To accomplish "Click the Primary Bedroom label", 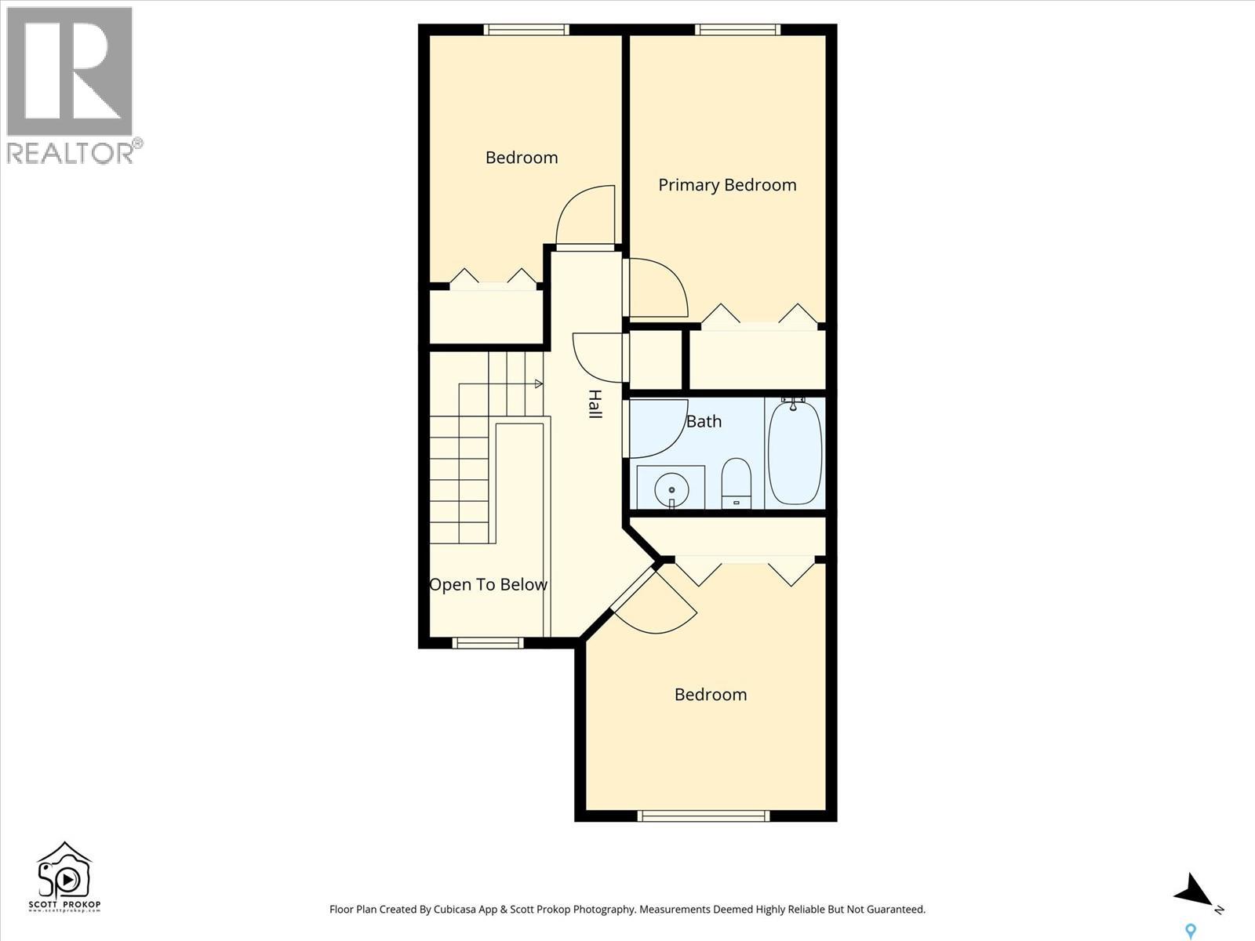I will [x=727, y=185].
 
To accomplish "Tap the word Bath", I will [x=704, y=422].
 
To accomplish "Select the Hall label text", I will [x=595, y=404].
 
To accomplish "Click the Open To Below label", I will [x=488, y=585].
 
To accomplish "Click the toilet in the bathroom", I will [x=736, y=482].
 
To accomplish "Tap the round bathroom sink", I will [x=671, y=489].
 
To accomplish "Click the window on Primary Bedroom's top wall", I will [x=737, y=30].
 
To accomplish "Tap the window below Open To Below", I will [x=487, y=643].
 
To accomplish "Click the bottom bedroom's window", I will [x=703, y=816].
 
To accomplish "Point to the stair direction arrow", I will [x=538, y=383].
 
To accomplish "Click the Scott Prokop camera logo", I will [x=64, y=877].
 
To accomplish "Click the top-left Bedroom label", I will [x=522, y=158].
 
